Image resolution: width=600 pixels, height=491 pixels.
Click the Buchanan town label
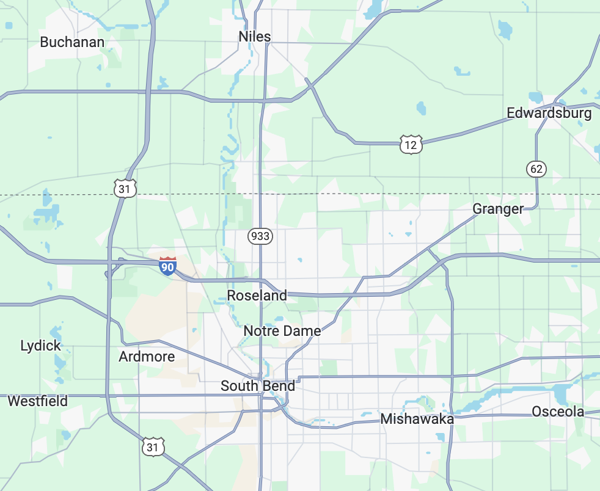point(72,42)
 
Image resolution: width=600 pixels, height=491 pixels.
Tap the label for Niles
point(255,37)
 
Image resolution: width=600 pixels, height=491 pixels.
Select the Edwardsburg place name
point(549,113)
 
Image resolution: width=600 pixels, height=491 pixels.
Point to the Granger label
point(498,209)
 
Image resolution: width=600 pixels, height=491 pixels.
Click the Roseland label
point(257,296)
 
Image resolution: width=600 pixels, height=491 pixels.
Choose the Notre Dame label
point(282,331)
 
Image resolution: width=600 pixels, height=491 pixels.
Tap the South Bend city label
point(257,386)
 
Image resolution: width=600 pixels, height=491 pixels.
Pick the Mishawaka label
point(417,419)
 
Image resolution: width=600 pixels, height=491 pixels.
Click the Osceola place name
point(558,412)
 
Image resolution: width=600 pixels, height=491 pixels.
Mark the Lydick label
point(40,346)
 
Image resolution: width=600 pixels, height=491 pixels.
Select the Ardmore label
point(147,357)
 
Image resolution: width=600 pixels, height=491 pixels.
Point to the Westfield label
point(37,401)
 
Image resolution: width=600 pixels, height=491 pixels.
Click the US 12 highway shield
point(411,145)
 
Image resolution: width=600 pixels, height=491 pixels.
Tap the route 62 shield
point(536,169)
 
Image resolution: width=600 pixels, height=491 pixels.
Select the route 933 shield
point(260,236)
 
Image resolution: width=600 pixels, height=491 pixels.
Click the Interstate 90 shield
point(167,266)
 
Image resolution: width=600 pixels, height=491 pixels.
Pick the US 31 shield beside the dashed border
point(125,189)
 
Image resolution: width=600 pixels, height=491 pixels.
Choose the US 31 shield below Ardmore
point(153,448)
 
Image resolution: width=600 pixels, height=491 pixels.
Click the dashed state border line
point(367,194)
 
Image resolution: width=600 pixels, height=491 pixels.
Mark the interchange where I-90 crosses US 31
point(111,263)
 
